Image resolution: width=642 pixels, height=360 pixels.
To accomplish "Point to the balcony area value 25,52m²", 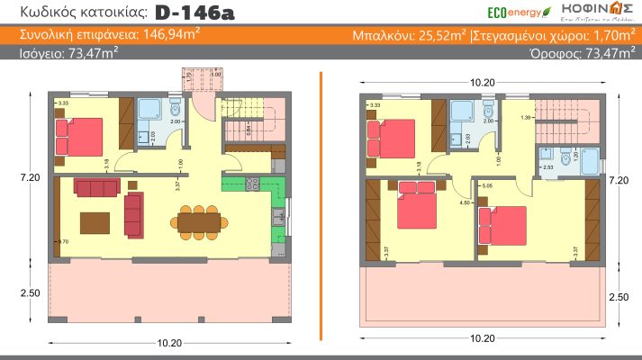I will click(x=437, y=36).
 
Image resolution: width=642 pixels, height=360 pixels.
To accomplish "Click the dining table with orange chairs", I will click(x=197, y=220).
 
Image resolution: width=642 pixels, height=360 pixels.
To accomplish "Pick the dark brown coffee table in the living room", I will click(x=95, y=220).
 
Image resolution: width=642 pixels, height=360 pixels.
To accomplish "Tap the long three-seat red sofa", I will click(x=95, y=187).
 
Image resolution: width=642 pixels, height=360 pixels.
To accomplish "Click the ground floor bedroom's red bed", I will click(x=80, y=138).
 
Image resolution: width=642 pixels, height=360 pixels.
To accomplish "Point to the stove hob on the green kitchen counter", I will click(x=251, y=185).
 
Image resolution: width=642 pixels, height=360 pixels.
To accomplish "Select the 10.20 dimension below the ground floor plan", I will click(x=168, y=343).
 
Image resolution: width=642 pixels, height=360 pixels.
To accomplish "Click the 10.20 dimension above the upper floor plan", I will click(x=483, y=81).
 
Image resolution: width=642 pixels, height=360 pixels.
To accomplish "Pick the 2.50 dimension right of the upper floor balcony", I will click(x=619, y=296).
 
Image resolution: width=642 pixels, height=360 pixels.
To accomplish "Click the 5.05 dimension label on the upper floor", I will click(x=487, y=185).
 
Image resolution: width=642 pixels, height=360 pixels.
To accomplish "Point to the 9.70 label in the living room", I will click(x=61, y=242).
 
